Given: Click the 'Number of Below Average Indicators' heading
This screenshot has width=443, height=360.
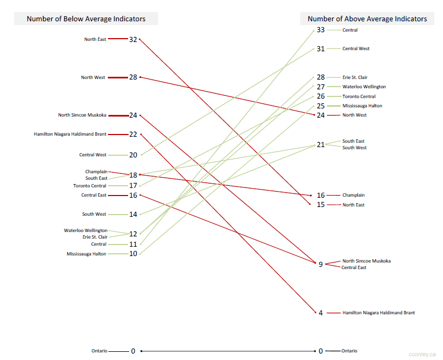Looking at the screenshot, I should (86, 19).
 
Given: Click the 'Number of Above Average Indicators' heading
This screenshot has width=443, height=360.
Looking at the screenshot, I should (367, 19).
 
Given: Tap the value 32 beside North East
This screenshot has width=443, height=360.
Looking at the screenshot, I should (133, 39).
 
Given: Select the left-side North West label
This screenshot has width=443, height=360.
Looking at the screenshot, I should (93, 77).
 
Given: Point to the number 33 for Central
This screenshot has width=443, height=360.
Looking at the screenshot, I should (320, 30).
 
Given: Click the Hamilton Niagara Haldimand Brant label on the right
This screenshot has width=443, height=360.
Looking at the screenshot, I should (378, 313).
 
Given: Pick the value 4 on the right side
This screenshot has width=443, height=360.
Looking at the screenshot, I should (320, 313).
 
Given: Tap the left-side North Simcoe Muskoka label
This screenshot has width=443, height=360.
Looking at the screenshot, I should (82, 115).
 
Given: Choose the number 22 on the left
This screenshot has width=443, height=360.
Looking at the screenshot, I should (133, 134).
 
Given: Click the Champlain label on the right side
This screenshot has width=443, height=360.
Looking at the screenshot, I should (353, 195).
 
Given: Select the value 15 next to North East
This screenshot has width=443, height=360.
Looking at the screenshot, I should (320, 205).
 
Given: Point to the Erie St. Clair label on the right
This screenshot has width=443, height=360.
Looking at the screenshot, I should (355, 77).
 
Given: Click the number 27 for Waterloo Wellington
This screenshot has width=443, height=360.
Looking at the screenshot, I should (320, 87).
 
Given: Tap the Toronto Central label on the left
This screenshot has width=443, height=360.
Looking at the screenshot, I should (90, 186).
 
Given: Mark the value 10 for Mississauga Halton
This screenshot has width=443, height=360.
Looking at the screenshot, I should (133, 254).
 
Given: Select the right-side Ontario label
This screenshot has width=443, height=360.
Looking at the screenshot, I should (349, 351).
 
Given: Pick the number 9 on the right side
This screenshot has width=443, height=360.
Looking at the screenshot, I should (320, 264).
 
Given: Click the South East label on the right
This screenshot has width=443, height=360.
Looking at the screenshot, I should (353, 141).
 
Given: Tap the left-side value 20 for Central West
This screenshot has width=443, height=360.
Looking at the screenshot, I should (133, 155).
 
